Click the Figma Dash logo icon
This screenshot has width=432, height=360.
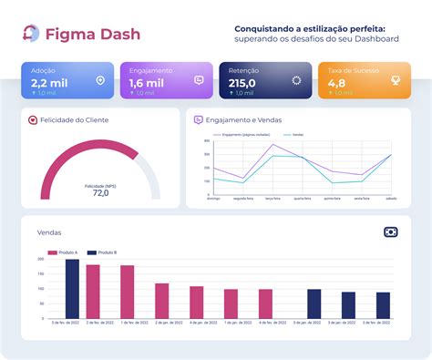[x=31, y=34]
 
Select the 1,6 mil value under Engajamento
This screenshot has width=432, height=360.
[x=147, y=82]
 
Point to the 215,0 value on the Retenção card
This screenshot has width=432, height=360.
[x=243, y=82]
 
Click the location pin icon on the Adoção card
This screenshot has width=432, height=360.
[x=99, y=80]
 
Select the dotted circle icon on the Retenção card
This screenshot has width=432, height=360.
[x=296, y=80]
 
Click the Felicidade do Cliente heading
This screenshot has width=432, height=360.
[x=72, y=119]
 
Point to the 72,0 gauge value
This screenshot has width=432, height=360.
[x=100, y=192]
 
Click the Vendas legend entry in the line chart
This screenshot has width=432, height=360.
[x=295, y=134]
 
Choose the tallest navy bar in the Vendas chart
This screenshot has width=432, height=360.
[x=72, y=289]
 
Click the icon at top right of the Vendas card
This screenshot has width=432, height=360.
[x=391, y=232]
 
